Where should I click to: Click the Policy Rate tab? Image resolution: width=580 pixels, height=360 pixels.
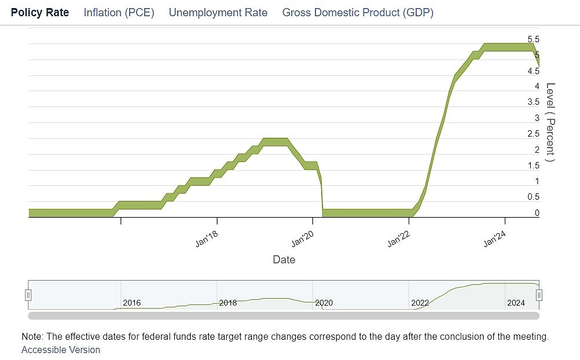40,12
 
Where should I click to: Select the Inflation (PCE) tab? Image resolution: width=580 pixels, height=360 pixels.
119,12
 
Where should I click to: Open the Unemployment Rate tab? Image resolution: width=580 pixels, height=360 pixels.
218,12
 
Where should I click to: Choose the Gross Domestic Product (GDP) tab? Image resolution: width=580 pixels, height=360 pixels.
357,12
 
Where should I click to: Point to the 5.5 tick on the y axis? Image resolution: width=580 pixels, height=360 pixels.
533,39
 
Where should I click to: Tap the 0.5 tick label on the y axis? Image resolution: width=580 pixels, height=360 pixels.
533,197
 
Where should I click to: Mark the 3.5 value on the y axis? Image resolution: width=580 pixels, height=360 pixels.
533,102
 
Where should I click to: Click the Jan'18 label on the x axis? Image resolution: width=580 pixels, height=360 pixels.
207,239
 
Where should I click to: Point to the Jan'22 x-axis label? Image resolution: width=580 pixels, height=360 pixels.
399,239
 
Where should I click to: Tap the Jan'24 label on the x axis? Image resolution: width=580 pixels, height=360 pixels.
495,239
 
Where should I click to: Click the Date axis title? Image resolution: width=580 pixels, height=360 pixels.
284,260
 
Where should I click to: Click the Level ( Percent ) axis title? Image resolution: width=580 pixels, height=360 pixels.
550,123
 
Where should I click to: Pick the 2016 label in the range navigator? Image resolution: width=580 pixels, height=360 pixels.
131,303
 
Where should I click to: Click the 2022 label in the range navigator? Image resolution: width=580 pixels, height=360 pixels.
420,303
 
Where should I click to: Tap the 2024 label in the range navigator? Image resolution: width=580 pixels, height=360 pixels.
516,303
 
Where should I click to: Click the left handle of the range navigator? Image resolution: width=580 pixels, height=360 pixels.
28,295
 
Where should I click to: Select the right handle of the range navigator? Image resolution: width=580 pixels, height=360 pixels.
539,295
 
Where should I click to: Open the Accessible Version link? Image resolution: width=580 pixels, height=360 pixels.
60,350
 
